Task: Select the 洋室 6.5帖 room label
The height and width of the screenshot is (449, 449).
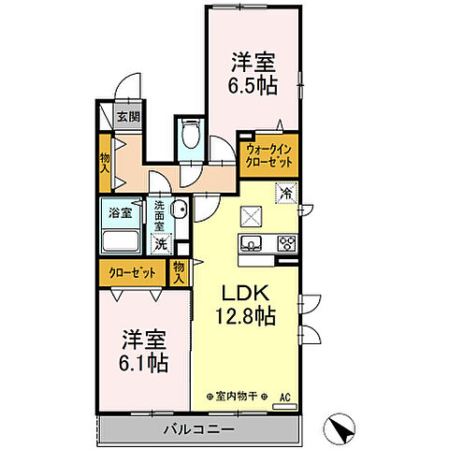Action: [253, 75]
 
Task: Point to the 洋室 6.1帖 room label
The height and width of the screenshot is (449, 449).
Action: [143, 347]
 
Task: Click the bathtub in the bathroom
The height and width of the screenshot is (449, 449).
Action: [121, 242]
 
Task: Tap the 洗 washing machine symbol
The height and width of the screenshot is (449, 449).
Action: [162, 243]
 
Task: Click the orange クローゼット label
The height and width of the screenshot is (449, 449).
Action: [132, 273]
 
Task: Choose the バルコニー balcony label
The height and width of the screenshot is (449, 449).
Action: [201, 429]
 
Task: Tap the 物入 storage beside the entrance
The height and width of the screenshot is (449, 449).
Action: [105, 163]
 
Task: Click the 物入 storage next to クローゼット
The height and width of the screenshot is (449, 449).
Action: [179, 272]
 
